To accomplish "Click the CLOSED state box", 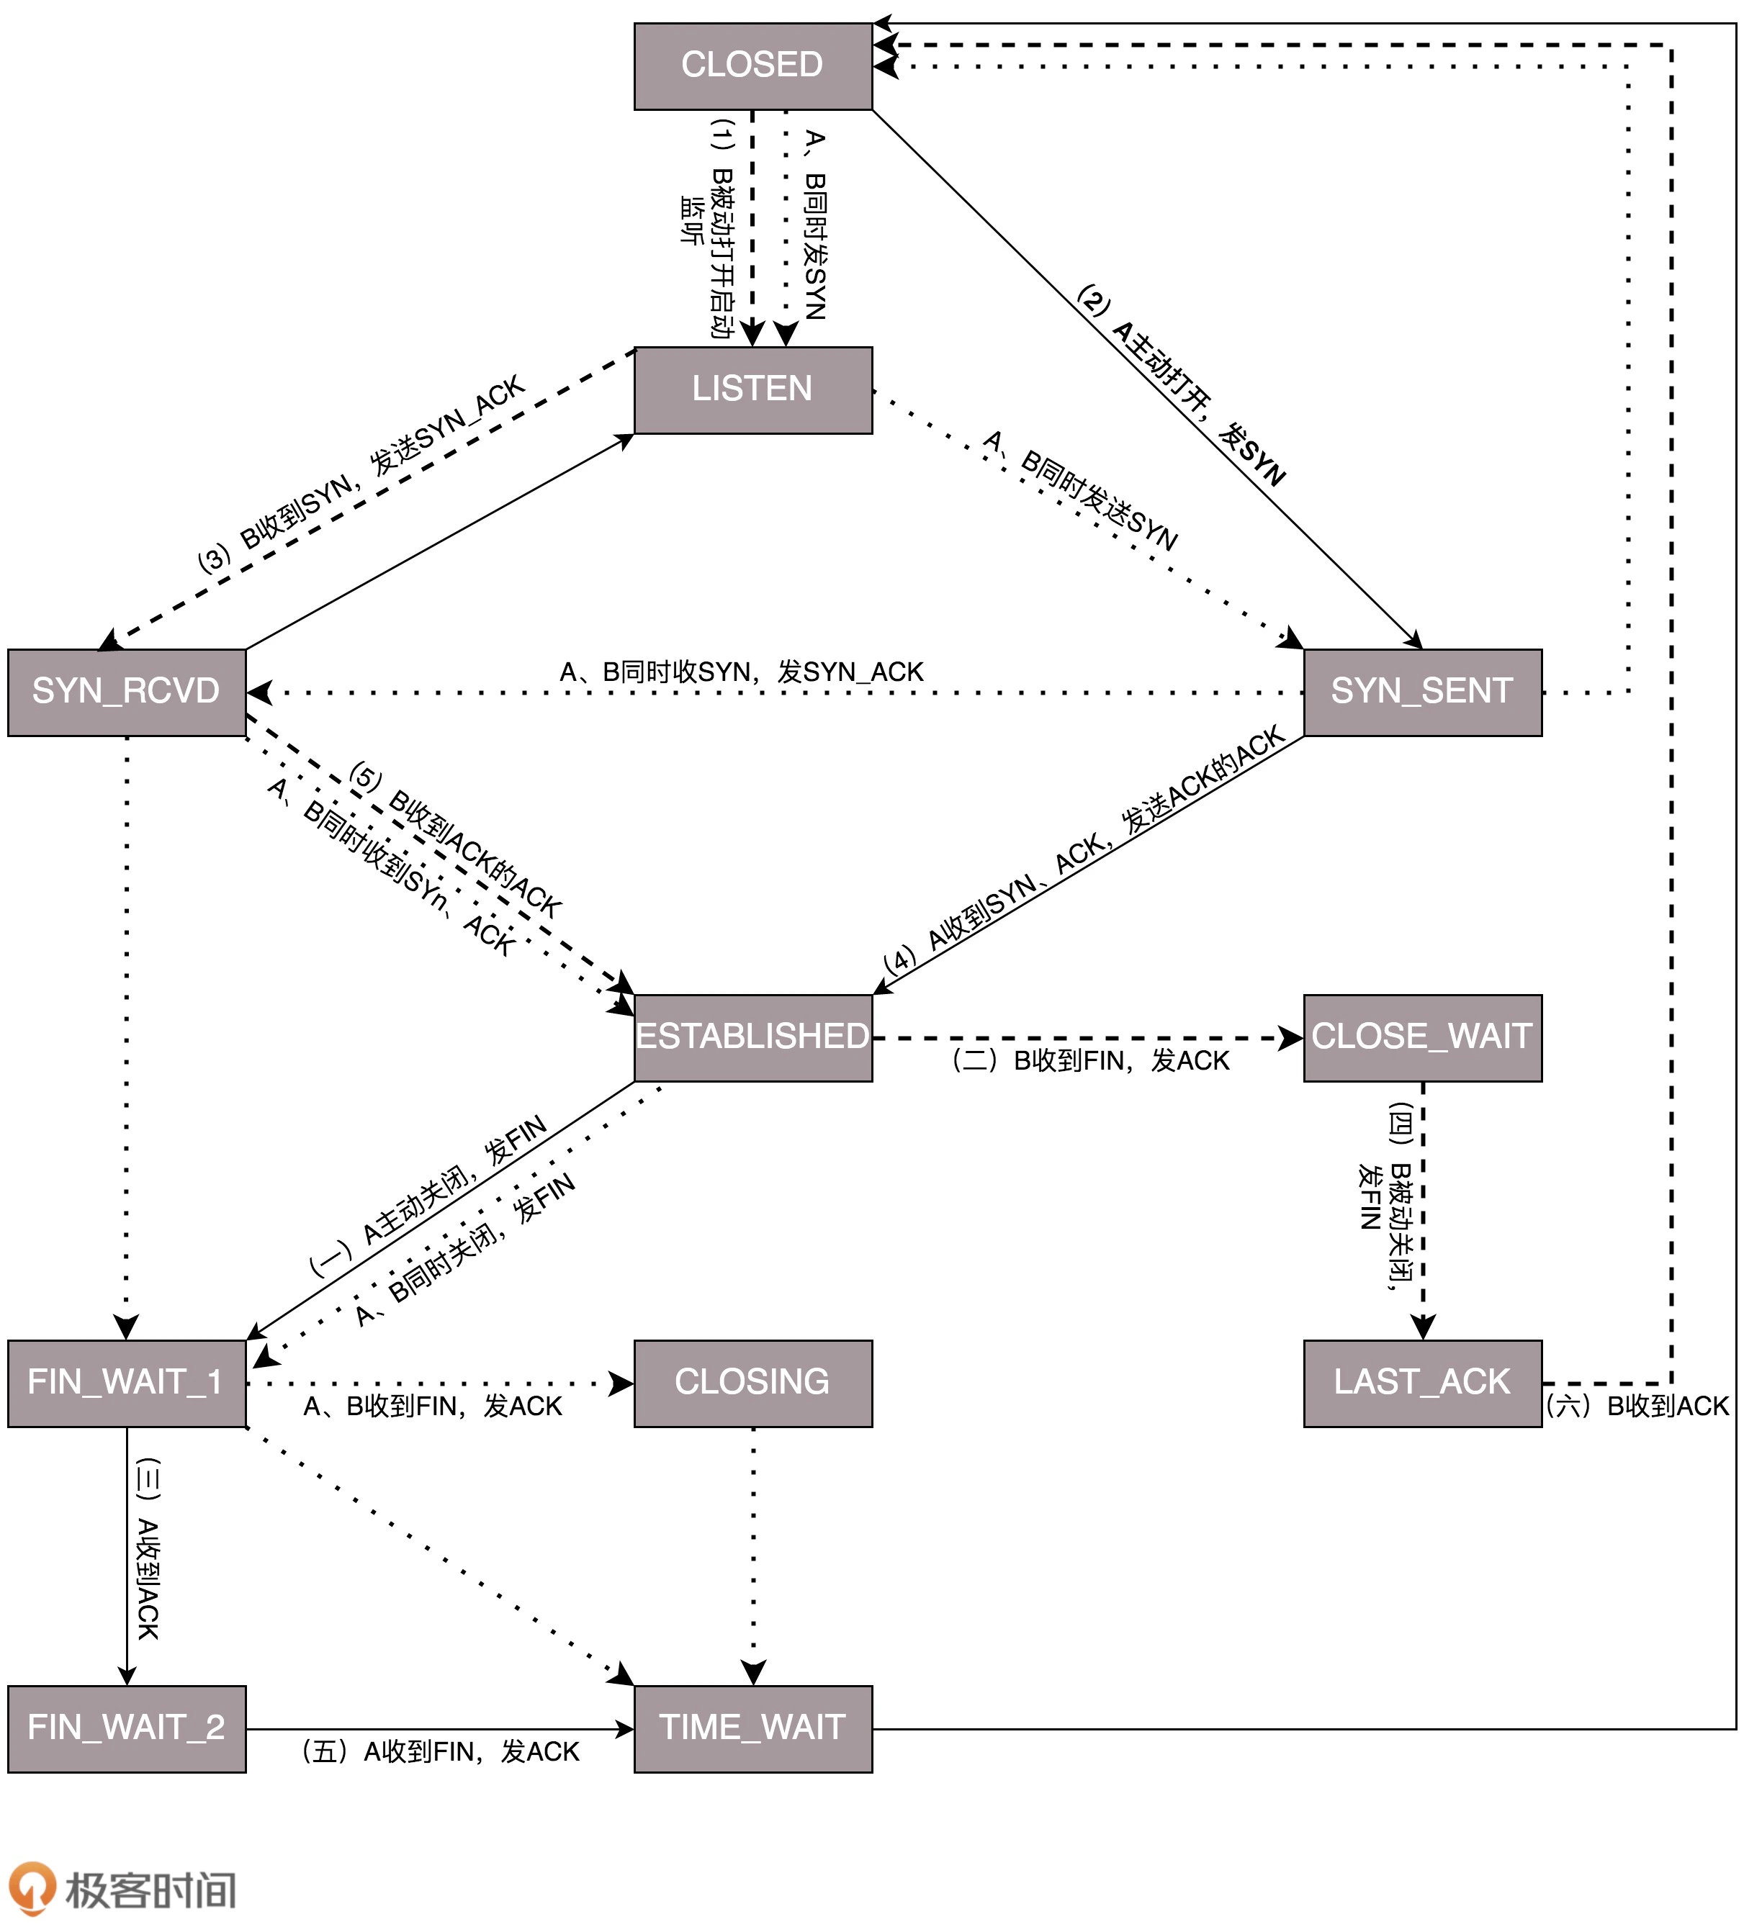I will pyautogui.click(x=752, y=66).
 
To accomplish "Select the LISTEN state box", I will pyautogui.click(x=752, y=390).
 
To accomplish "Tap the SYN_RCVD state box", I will pyautogui.click(x=127, y=692).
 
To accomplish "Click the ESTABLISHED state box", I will pyautogui.click(x=752, y=1038).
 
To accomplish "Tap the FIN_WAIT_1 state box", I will pyautogui.click(x=127, y=1383).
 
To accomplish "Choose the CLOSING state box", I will pyautogui.click(x=752, y=1383).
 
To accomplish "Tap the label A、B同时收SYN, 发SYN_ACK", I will pyautogui.click(x=741, y=672).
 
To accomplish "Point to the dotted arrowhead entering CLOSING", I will pyautogui.click(x=623, y=1383).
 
